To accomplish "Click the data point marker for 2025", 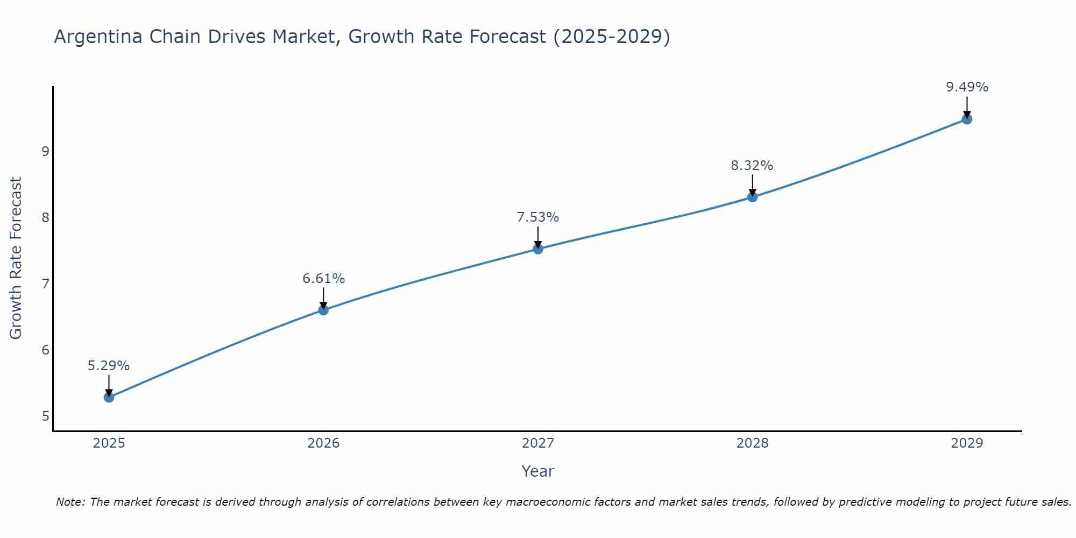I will pos(109,398).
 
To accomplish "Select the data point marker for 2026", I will pos(323,310).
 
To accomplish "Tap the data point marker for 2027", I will pos(538,249).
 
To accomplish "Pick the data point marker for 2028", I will pos(752,197).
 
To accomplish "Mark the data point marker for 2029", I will pos(967,119).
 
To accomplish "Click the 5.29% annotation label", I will pos(109,366).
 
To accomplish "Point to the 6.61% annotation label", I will pos(323,279).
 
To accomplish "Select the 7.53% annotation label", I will pos(538,217).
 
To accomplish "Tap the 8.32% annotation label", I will pos(752,166).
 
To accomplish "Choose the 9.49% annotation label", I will pos(967,87).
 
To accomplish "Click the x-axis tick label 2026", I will pos(323,443).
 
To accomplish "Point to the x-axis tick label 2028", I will pos(752,443).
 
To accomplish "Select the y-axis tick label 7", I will pos(45,284).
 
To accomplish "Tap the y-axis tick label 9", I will pos(45,151).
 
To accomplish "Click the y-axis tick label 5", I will pos(45,416).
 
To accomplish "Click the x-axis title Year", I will pos(538,471).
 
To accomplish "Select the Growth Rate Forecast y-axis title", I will pos(16,258).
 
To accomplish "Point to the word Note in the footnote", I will pos(70,502).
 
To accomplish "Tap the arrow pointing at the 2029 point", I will pos(967,107).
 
